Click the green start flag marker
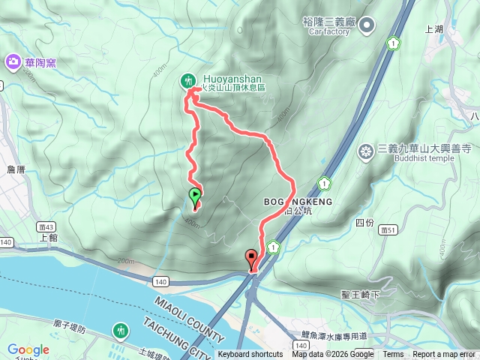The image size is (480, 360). [x=195, y=197]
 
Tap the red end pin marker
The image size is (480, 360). [x=251, y=259]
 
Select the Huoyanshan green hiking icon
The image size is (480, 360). [x=187, y=80]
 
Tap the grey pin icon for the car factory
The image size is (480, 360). [x=367, y=27]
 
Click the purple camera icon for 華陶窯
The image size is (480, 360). [x=13, y=61]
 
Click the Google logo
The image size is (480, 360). [x=28, y=349]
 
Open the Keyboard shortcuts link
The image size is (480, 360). [x=250, y=355]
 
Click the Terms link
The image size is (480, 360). [x=393, y=355]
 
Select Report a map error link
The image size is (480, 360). [x=444, y=355]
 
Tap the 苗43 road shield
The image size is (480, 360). [x=43, y=225]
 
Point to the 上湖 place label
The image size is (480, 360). [x=434, y=30]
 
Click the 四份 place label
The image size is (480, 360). [x=364, y=223]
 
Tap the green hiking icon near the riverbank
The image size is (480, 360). [x=121, y=330]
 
